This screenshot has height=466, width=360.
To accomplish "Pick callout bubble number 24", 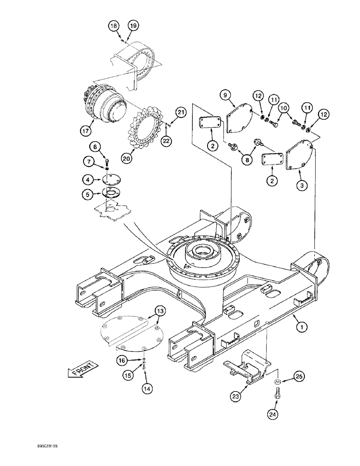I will click(x=272, y=412).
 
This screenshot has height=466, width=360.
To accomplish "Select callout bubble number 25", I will click(x=299, y=375).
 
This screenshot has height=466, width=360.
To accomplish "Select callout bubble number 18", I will click(x=113, y=26).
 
